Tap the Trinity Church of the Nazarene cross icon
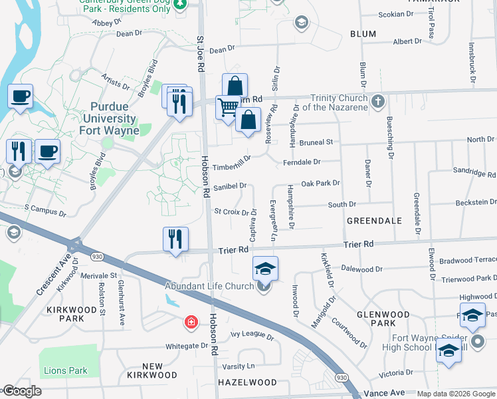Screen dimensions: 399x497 [377, 102]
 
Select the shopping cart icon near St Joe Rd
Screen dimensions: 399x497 [228, 106]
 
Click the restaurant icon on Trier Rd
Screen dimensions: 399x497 [175, 239]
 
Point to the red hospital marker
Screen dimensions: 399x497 [191, 323]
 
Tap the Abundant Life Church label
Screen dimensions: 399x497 [219, 286]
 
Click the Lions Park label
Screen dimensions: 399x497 [66, 370]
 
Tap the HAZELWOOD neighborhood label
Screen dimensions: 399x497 [247, 382]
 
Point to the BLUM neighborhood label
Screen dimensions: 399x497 [362, 33]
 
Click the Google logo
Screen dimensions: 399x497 [22, 391]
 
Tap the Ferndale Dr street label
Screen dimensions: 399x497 [302, 162]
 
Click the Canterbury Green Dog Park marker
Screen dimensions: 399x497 [179, 4]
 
